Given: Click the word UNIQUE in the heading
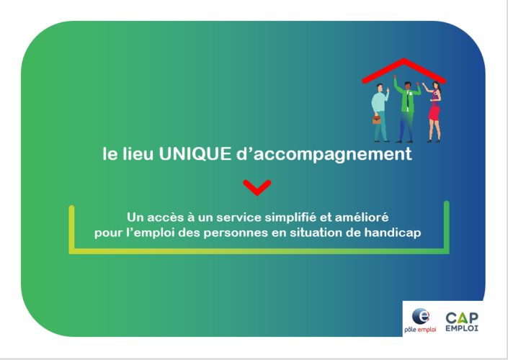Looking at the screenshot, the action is coord(195,153).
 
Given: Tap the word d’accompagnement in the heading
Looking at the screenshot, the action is coord(324,154).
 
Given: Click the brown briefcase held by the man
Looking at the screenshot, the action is coord(376,120).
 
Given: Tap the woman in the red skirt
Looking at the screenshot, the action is coord(433,112).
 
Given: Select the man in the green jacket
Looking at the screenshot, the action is coord(406,110).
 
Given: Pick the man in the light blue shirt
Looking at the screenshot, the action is coord(380,112).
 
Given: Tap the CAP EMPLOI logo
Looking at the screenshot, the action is coord(462,322).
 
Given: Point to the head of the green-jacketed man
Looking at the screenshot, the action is coord(407,86).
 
